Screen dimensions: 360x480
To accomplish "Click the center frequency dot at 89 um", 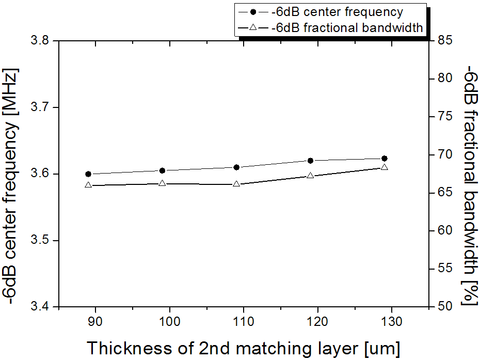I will (88, 174).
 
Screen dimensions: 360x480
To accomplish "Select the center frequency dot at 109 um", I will (236, 167).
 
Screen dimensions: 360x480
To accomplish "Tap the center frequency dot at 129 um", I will (384, 159).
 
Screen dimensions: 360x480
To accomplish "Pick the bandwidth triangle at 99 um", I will (162, 183).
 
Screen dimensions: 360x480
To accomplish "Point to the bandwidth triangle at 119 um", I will (310, 176).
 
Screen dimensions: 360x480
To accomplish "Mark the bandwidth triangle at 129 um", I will (384, 167).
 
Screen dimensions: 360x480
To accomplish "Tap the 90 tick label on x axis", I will (95, 322).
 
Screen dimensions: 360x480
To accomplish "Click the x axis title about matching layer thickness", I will (243, 348).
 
